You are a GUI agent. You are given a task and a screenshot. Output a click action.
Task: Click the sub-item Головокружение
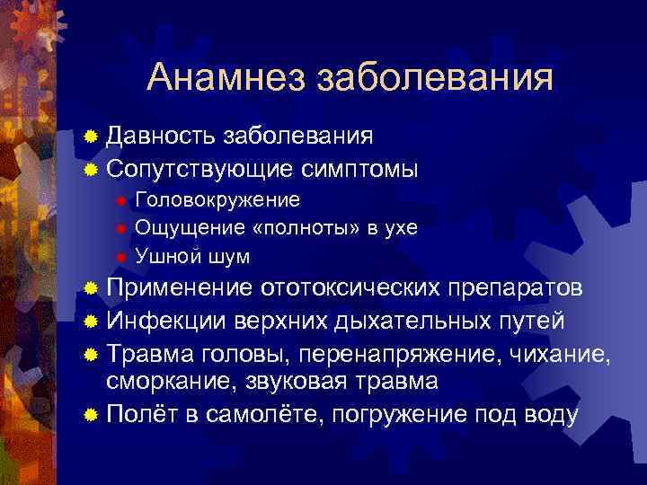point(217,198)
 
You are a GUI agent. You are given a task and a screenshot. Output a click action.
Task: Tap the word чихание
point(562,351)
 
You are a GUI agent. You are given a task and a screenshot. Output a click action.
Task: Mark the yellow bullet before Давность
point(90,137)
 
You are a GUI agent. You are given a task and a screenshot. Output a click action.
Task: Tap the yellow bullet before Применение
point(90,289)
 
